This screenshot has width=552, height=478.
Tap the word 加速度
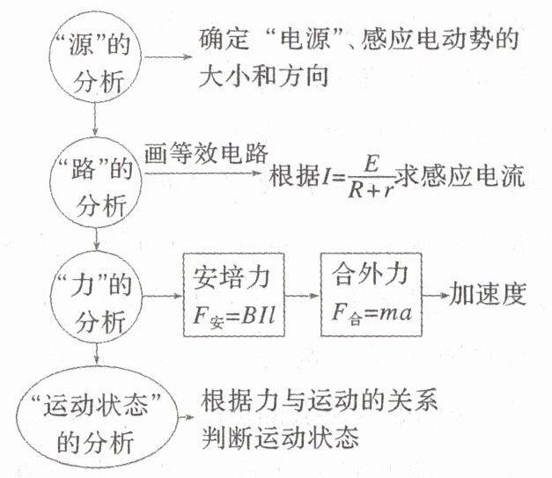click(x=488, y=292)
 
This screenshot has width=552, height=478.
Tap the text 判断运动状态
click(x=282, y=437)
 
